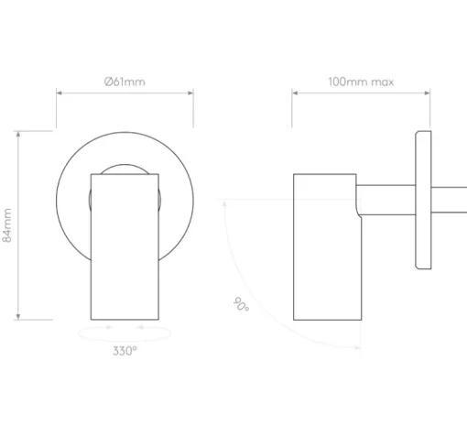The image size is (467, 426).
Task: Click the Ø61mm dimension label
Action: click(125, 82)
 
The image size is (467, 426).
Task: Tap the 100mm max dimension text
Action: click(361, 82)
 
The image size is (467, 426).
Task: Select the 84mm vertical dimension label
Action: click(7, 225)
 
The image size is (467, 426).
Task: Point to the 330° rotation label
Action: click(125, 351)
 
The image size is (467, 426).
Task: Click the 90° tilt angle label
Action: click(241, 304)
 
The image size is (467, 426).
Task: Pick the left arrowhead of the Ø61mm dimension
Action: click(60, 93)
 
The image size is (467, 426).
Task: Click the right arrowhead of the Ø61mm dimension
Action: click(190, 93)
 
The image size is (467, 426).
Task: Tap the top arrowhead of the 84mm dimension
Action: click(18, 134)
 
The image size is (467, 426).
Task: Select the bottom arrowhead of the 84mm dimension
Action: click(18, 317)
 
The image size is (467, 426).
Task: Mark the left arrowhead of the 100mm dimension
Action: click(295, 93)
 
